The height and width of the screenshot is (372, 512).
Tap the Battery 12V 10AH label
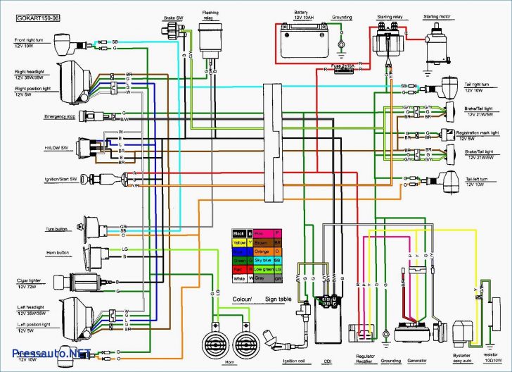[x=300, y=15]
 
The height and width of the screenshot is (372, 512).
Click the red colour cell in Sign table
[x=239, y=268]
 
